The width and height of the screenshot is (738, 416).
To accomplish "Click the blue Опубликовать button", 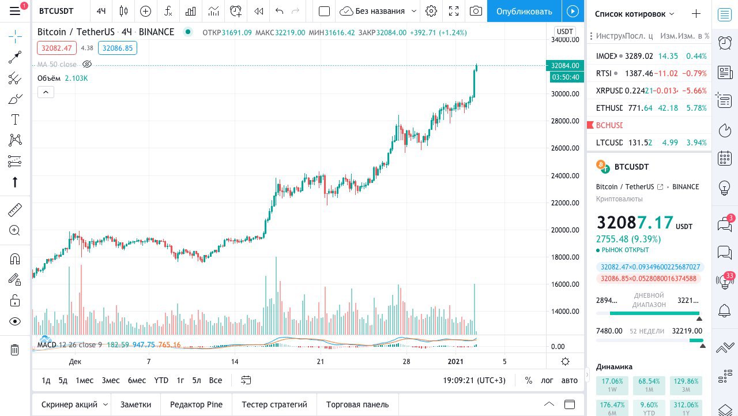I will click(524, 11).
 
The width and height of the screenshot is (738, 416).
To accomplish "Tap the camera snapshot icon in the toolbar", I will click(476, 11).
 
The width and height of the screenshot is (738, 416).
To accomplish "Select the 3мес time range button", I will click(111, 380).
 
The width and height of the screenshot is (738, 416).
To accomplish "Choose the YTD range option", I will click(161, 380).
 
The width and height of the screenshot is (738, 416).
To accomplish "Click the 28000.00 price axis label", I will click(565, 121).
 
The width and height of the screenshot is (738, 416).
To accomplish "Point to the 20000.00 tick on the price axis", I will click(565, 230).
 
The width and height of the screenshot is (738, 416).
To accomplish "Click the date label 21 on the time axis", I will click(321, 362).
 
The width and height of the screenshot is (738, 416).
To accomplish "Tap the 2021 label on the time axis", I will click(456, 362).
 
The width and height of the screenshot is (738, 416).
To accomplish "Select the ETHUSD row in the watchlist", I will click(609, 108).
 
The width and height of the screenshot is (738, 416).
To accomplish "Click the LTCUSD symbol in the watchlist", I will click(609, 143).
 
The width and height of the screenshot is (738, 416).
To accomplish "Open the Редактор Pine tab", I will click(196, 404).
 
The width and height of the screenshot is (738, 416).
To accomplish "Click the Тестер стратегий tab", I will click(274, 404).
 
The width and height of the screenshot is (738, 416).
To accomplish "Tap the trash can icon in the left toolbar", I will click(15, 350).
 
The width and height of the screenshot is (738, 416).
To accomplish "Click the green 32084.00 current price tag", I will click(564, 66).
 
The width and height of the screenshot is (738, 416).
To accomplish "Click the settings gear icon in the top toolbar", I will click(431, 11).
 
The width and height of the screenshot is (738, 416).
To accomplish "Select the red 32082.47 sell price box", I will click(57, 48).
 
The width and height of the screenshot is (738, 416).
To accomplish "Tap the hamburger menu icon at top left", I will click(15, 11).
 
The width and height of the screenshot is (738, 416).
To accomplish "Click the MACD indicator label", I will click(47, 345).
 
